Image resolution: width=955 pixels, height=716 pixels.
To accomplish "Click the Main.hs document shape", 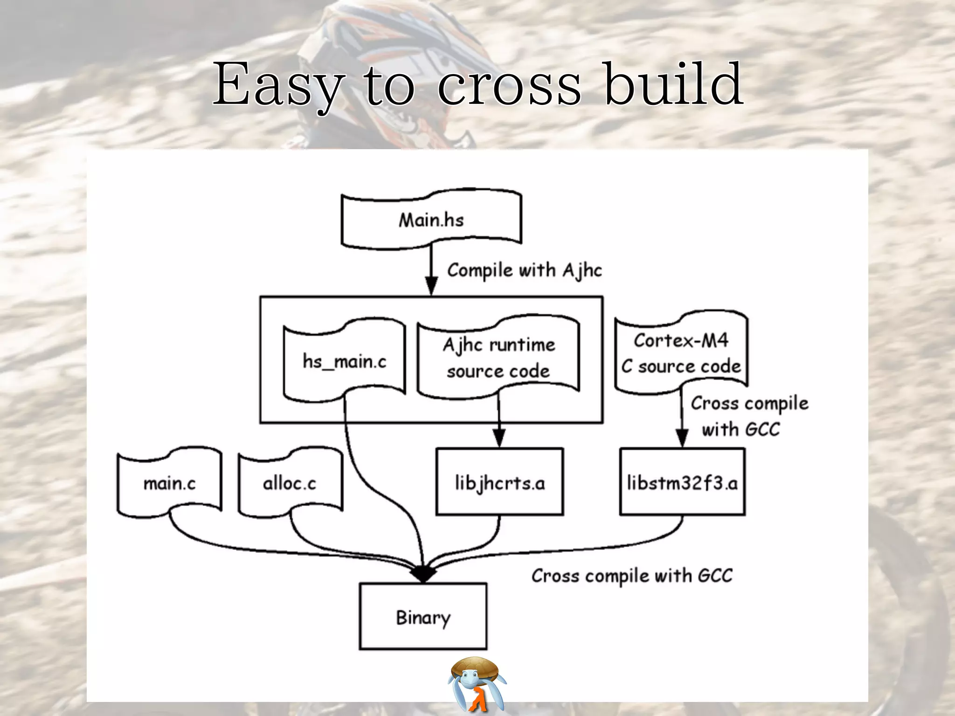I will click(431, 220).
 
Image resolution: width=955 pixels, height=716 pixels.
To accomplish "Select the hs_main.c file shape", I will click(345, 361).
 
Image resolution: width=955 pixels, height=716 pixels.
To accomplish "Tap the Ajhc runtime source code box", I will click(498, 358).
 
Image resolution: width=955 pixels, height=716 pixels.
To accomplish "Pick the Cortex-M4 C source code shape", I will click(681, 353).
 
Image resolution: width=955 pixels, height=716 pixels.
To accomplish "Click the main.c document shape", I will click(169, 483).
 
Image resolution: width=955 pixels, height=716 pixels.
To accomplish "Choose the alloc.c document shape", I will click(290, 483).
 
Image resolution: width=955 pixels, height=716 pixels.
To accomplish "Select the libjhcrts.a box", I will click(499, 482).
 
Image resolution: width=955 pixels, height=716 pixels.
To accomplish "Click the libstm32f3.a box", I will click(682, 482).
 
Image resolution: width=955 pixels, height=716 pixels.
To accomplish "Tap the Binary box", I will click(423, 616).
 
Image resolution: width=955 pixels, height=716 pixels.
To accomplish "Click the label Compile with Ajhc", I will click(524, 270).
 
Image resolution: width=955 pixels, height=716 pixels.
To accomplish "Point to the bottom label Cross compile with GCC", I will click(632, 576).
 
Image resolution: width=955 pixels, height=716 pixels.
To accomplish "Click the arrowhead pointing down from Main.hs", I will click(431, 285).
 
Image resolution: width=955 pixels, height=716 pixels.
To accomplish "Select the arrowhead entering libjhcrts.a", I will click(499, 438).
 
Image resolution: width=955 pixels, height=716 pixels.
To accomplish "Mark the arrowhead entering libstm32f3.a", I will click(682, 438).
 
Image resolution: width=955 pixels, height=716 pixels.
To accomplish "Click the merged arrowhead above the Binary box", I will click(423, 574).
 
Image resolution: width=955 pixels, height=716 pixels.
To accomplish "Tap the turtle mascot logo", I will click(477, 683).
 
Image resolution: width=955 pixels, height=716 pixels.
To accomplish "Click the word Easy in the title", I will click(277, 85).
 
